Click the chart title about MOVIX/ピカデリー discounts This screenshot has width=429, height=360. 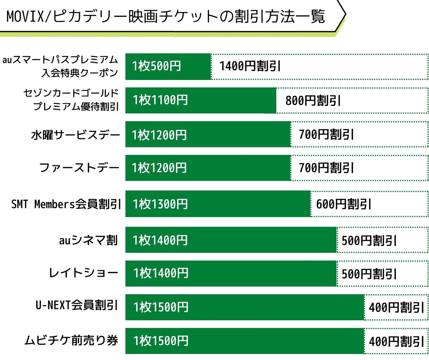166,17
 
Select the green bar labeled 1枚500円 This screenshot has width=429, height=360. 168,66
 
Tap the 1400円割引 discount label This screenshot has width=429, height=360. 250,66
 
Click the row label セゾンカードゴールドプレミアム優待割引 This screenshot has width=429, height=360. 71,100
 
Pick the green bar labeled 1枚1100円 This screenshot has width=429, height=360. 200,100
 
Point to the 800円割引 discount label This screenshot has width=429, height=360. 313,101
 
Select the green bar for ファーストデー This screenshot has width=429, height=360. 208,168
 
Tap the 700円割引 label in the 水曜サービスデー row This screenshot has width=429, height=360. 326,135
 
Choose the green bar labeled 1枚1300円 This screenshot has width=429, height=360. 218,204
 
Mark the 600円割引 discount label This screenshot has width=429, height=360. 344,204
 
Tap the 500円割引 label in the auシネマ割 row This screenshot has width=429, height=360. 369,240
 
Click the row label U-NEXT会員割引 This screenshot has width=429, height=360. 76,305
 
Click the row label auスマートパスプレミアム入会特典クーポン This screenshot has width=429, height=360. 60,66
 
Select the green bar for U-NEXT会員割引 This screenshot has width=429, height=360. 245,307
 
